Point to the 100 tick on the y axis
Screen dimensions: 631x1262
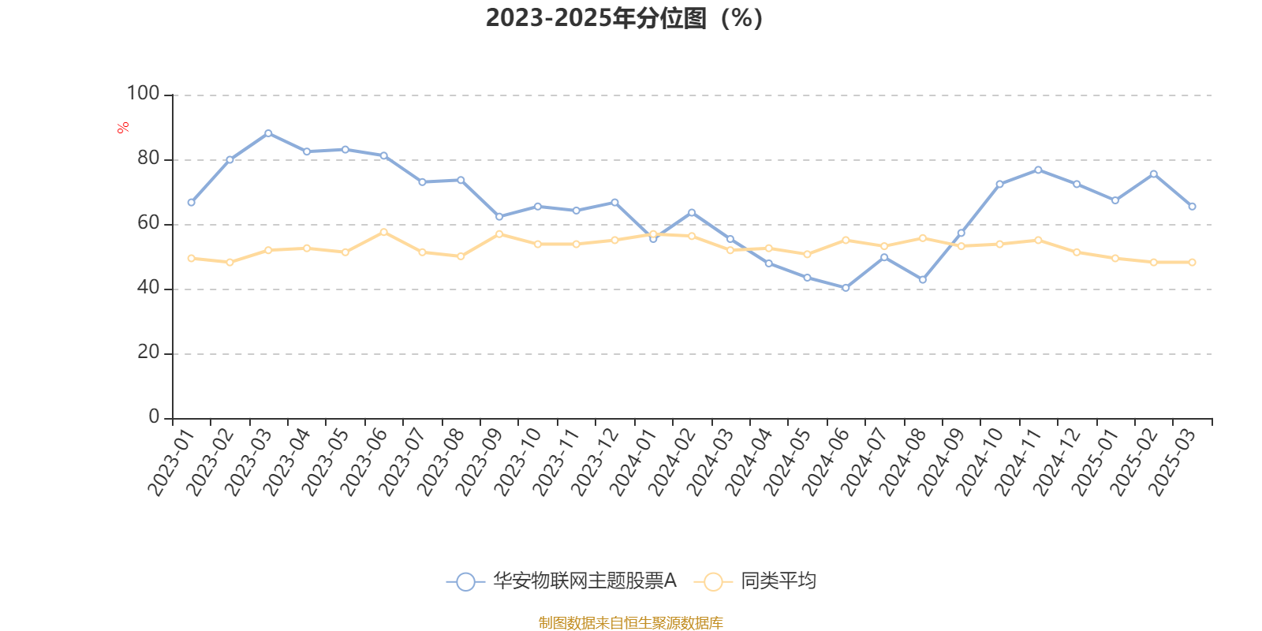(144, 94)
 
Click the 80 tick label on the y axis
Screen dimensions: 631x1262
(147, 159)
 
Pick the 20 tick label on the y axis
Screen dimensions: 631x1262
(147, 353)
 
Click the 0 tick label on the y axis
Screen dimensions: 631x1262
(154, 417)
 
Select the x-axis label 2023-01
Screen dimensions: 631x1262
(171, 461)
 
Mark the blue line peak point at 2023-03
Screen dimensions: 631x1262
(268, 133)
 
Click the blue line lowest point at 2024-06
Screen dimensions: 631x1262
(846, 288)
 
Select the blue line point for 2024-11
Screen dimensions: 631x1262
(1038, 170)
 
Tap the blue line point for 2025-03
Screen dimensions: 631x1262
(1192, 207)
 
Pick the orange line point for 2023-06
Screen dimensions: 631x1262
(383, 232)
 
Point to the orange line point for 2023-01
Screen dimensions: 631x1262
(191, 258)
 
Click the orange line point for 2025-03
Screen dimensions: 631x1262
(1192, 262)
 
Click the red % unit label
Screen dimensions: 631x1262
(123, 128)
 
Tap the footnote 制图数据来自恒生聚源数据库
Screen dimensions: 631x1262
(630, 623)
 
